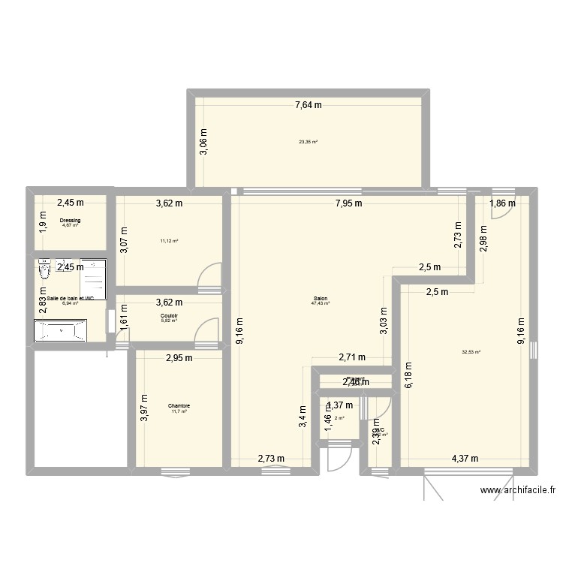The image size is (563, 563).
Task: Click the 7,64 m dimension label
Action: [x=308, y=105]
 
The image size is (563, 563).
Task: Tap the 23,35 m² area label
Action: [x=308, y=141]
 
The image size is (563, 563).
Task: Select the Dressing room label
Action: [x=70, y=220]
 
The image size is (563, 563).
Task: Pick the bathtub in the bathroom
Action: [x=61, y=331]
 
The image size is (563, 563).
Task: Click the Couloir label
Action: [x=169, y=316]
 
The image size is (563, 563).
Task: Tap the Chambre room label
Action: [x=179, y=406]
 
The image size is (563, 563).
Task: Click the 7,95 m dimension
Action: [x=348, y=203]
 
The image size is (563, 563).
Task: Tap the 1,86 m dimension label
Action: [x=503, y=203]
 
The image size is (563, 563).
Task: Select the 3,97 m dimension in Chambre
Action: [x=145, y=408]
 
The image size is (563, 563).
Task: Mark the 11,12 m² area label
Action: [x=169, y=241]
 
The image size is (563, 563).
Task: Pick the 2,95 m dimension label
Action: [x=179, y=358]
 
